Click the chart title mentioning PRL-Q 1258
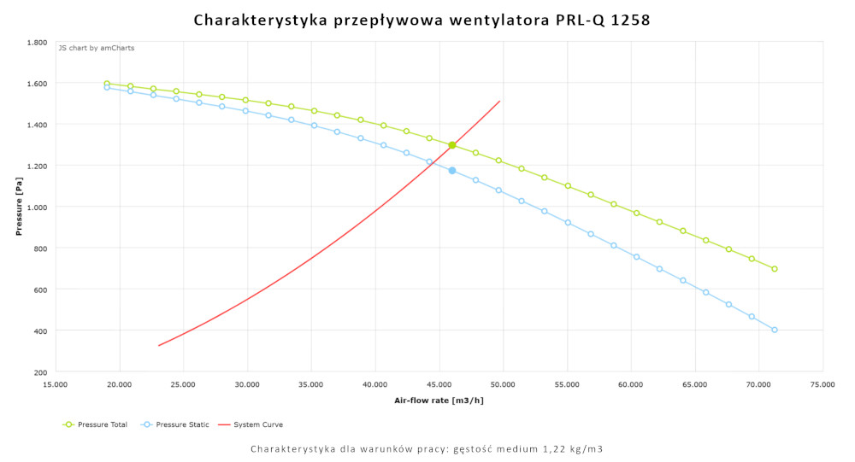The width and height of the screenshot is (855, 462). click(422, 19)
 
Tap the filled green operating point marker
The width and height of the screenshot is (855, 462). click(452, 145)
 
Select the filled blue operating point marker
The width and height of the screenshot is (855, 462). click(452, 170)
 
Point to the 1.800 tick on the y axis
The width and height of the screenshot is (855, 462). click(37, 42)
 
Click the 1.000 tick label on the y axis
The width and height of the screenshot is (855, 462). click(37, 207)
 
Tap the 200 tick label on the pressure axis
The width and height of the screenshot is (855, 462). click(40, 371)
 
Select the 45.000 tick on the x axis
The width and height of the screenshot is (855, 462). click(439, 385)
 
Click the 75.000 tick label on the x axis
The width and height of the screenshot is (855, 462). click(823, 385)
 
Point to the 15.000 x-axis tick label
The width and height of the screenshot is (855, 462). click(56, 385)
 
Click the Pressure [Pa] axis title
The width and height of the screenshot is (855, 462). click(18, 207)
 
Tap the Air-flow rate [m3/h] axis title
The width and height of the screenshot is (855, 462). click(439, 400)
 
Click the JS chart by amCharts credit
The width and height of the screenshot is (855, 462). click(96, 48)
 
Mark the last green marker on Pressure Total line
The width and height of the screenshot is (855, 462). click(775, 269)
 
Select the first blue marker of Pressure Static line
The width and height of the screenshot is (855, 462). click(107, 87)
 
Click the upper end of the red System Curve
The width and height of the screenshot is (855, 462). click(500, 101)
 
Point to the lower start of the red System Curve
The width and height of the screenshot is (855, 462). click(159, 345)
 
